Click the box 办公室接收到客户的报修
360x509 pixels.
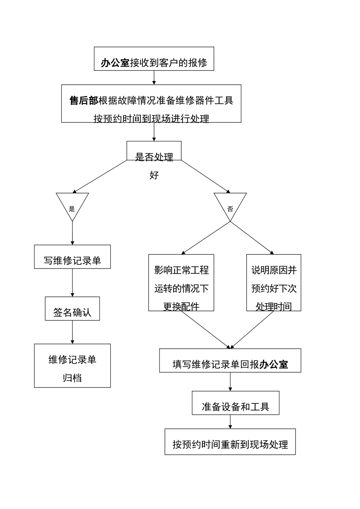(x=154, y=59)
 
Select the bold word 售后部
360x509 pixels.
(x=84, y=100)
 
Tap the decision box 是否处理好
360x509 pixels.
(x=154, y=151)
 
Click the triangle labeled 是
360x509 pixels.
(x=72, y=205)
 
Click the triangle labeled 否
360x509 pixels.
(x=230, y=205)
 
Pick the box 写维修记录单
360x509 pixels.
(x=72, y=257)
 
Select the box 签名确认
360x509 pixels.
(x=72, y=308)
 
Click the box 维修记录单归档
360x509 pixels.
(x=72, y=365)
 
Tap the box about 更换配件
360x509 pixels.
(x=181, y=283)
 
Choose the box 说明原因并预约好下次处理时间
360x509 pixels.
(x=274, y=283)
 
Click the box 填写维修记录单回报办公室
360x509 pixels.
(x=230, y=361)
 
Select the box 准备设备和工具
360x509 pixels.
(x=235, y=403)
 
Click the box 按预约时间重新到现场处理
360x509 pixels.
(x=230, y=442)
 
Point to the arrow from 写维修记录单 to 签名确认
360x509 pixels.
(x=72, y=283)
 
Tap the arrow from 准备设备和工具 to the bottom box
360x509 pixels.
(x=230, y=422)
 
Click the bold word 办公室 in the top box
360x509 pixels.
(x=115, y=62)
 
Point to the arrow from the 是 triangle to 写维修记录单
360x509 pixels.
(x=72, y=233)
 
